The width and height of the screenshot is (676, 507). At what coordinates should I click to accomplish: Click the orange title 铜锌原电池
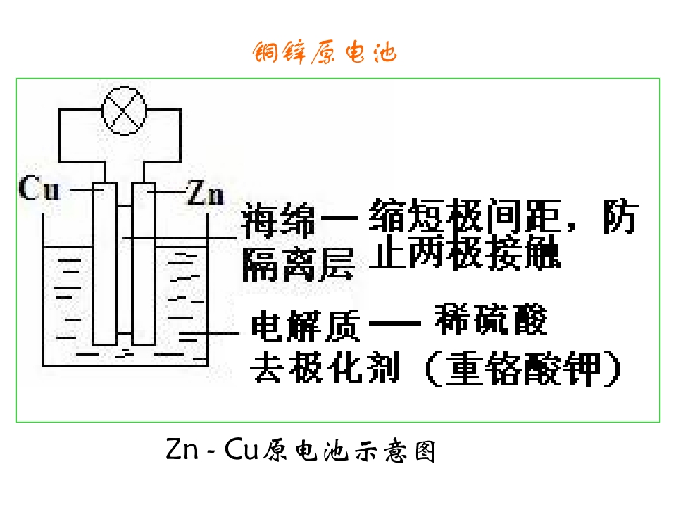tap(324, 52)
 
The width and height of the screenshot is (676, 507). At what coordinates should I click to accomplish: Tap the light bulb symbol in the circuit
tap(124, 111)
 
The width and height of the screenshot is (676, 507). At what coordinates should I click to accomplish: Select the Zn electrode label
tap(205, 192)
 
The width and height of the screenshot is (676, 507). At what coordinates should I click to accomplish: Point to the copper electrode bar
tap(105, 264)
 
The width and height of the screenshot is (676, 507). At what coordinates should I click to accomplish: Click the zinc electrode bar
tap(144, 264)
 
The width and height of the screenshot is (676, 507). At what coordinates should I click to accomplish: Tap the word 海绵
tap(277, 220)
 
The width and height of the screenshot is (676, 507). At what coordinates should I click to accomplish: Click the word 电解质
tap(305, 325)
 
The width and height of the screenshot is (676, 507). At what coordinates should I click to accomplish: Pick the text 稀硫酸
tap(491, 320)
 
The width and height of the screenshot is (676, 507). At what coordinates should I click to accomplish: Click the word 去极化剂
tap(325, 368)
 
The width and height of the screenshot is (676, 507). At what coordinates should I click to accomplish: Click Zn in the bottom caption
tap(182, 449)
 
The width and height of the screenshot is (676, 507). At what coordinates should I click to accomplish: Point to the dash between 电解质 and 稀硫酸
tap(395, 323)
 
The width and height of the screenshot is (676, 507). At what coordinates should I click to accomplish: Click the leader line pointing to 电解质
tap(208, 333)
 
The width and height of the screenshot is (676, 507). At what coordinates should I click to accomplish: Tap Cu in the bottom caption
tap(242, 449)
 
